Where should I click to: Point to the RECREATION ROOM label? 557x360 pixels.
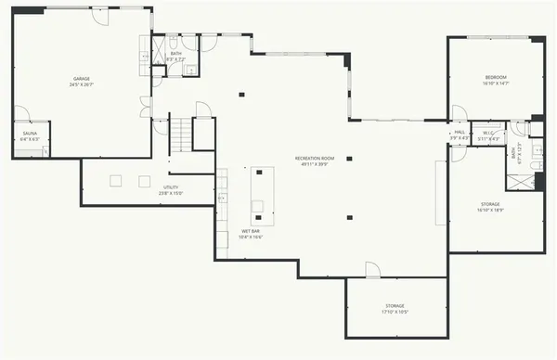pos(314,158)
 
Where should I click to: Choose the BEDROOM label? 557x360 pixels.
pos(496,76)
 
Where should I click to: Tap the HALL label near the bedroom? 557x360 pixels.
pos(460,133)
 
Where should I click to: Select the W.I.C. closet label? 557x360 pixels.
pos(487,133)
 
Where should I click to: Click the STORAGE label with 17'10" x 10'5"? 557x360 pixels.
pos(395,305)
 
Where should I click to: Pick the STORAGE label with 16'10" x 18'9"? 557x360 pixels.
pos(490,204)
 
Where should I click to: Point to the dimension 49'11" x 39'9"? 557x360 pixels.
pos(314,165)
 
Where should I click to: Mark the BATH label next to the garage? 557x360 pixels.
pos(176,54)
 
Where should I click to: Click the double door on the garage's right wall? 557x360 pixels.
pos(145,107)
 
